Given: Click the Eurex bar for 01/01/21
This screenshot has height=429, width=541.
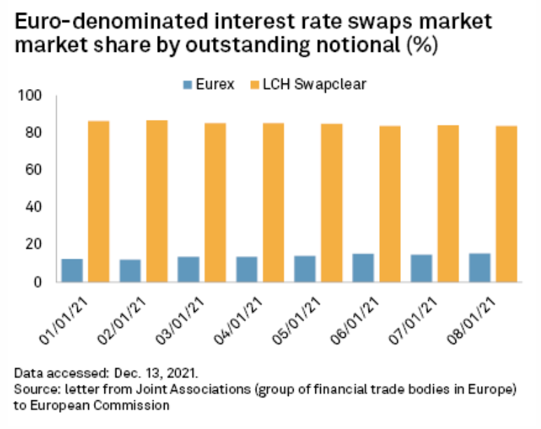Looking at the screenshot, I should (72, 270).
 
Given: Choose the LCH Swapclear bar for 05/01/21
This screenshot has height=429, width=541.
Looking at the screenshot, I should (332, 203).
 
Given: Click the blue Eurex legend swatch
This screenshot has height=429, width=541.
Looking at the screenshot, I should (186, 85).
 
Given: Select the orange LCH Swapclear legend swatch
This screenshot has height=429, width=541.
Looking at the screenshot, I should (255, 85).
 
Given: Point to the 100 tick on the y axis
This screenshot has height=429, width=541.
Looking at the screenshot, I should (32, 95).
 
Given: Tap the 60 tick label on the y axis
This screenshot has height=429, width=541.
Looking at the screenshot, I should (35, 170).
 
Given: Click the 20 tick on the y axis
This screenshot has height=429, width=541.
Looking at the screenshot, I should (35, 244).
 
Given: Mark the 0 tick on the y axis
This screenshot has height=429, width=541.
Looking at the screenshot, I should (39, 281).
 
